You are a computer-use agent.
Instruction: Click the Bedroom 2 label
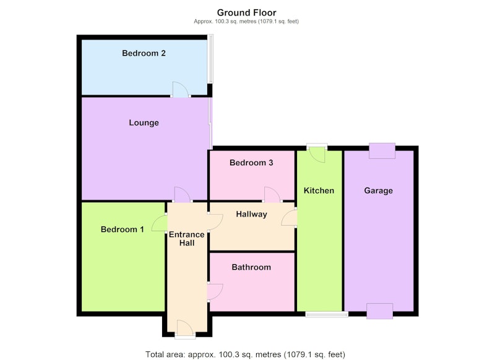coord(144,53)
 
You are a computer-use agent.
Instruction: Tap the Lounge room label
coord(144,122)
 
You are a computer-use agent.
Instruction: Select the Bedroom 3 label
coord(251,163)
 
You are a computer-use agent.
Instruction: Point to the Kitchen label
coord(319,191)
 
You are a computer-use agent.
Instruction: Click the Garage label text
coord(379,191)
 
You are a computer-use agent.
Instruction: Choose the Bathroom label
coord(251,267)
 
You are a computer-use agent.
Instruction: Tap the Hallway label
coord(252,214)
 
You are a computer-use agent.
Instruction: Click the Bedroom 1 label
coord(122,229)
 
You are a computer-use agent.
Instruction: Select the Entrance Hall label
coord(187,239)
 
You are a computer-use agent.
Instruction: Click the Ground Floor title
coord(246,12)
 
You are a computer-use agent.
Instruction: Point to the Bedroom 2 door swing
coord(180,89)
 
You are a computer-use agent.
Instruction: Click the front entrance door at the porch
coord(185,328)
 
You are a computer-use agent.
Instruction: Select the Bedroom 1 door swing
coord(160,223)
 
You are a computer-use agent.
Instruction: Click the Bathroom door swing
coord(215,292)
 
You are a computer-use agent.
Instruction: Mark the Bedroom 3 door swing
coord(272,194)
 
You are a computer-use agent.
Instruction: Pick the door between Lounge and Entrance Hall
coord(183,194)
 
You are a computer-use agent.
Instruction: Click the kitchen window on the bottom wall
coord(327,314)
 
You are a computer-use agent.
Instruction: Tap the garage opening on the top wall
coord(382,151)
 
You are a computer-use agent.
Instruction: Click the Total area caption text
coord(245,354)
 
